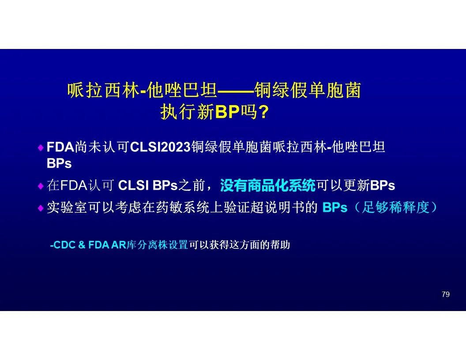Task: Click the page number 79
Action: click(446, 294)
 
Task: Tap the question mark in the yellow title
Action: click(263, 112)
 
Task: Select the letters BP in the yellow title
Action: click(227, 112)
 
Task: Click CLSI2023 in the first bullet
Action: click(160, 147)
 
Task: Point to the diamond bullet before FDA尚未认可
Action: click(41, 148)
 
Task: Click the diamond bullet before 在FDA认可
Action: click(41, 186)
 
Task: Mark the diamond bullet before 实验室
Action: click(41, 208)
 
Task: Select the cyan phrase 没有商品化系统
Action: click(267, 185)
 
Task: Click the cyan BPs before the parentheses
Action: click(334, 207)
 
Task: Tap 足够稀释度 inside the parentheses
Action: click(395, 207)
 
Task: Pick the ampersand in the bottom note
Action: click(82, 245)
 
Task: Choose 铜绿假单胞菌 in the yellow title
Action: click(308, 90)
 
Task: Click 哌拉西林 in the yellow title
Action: click(103, 90)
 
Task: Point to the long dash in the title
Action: click(236, 90)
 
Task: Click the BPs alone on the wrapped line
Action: click(59, 163)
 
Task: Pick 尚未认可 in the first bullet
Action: click(102, 147)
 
